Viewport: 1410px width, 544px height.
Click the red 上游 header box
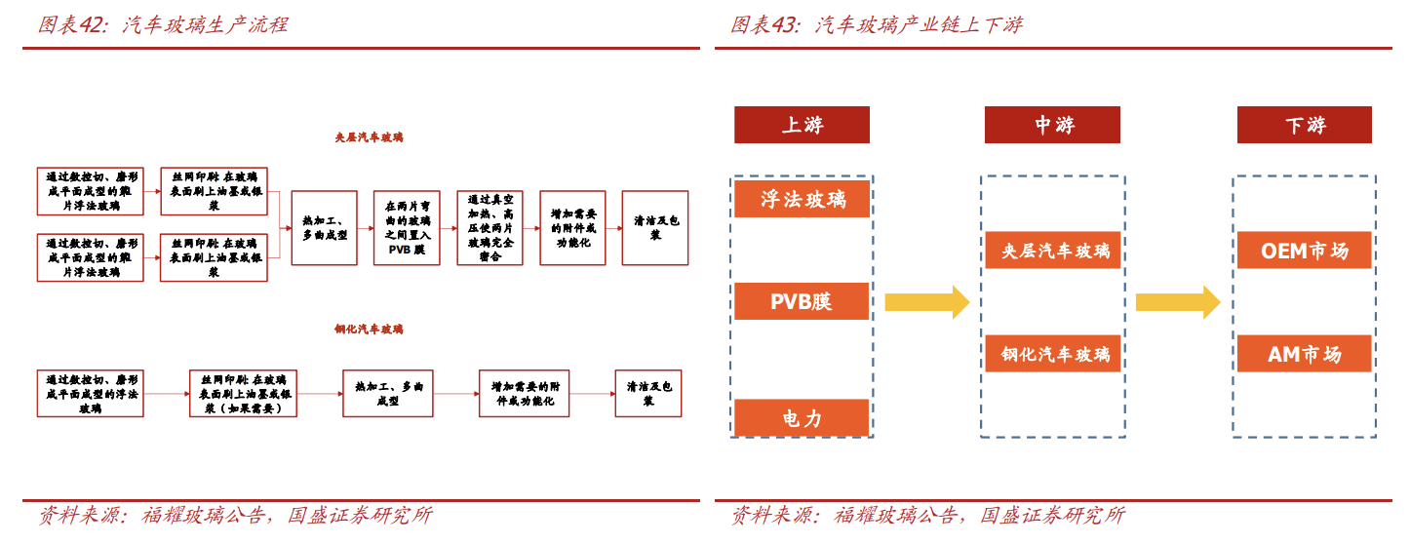pos(802,125)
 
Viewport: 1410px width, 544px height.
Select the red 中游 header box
pos(1052,125)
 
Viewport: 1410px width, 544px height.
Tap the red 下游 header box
pos(1304,125)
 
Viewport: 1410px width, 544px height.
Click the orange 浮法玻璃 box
pos(802,199)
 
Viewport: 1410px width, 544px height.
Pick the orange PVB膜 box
pos(802,301)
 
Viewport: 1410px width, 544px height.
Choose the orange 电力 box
pos(802,417)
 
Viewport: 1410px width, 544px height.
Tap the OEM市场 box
pos(1304,251)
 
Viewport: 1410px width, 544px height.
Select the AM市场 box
pos(1304,354)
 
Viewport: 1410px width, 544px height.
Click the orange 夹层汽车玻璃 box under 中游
pos(1054,251)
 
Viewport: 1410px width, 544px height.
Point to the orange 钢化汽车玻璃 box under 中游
pos(1054,354)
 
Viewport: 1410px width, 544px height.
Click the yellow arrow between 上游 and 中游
pos(926,302)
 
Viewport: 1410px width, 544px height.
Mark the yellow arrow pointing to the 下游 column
pos(1178,302)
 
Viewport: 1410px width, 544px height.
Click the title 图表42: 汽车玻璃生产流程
pos(163,24)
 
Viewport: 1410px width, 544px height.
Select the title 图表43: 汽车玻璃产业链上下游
pos(877,24)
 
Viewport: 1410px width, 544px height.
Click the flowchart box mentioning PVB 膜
pos(407,228)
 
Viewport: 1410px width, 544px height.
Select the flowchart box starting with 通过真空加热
pos(490,228)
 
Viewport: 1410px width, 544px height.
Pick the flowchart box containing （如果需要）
pos(243,393)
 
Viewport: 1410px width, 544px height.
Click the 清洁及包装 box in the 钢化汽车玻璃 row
pos(648,393)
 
